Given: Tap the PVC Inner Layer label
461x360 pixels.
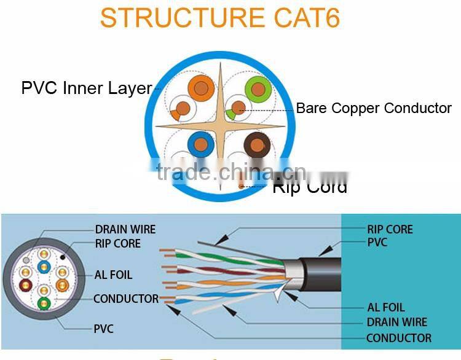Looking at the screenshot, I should point(86,88).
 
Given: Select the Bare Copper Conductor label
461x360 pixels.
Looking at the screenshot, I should point(374,108).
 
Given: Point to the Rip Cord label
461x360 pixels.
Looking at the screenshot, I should point(310,187).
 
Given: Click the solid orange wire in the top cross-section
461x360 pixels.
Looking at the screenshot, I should point(200,90).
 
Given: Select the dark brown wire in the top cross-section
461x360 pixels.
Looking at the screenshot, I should point(256,146).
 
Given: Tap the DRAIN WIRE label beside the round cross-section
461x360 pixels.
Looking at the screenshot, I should point(125,230).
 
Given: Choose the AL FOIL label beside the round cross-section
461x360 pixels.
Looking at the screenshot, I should point(113,275).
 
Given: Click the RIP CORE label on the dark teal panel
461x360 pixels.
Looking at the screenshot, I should point(390,230).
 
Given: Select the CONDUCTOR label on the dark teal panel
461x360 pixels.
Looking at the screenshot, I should point(398,338).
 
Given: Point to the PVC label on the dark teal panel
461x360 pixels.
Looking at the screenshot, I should point(377,243).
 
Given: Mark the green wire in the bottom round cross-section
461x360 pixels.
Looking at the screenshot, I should point(43,303).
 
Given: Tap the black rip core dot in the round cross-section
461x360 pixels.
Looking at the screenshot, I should point(63,256).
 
